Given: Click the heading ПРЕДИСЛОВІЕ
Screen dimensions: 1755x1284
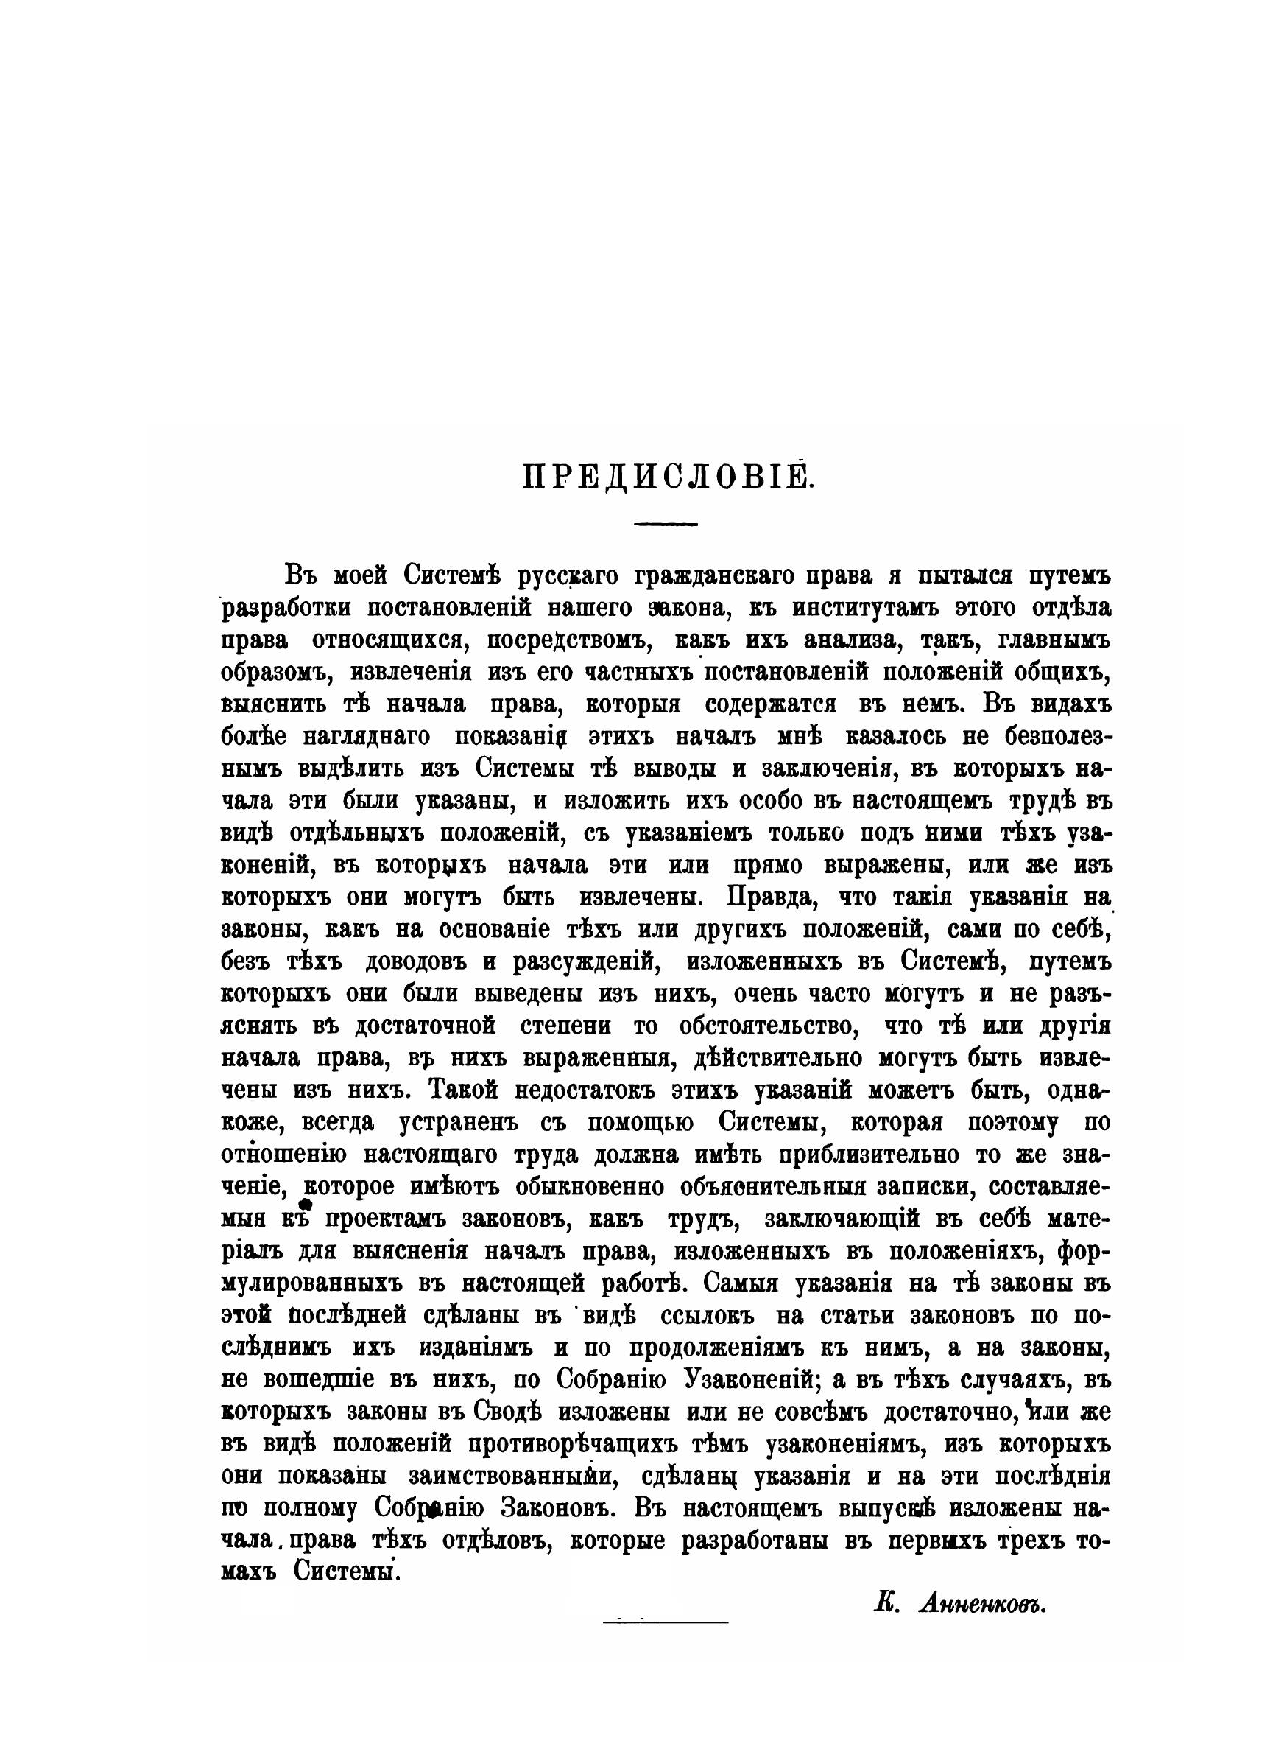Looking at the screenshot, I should [666, 477].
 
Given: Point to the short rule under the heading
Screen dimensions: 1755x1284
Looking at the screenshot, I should [666, 523].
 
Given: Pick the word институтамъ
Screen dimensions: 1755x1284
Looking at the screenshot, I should [896, 608].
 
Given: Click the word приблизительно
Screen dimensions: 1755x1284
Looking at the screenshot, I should [864, 1155].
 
